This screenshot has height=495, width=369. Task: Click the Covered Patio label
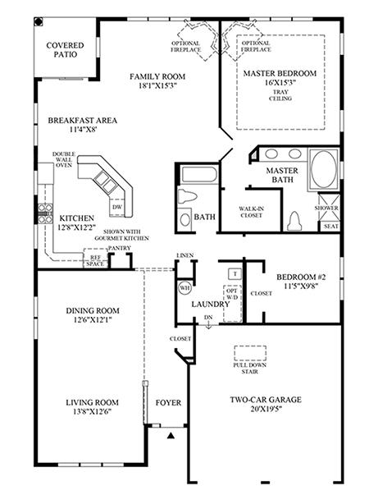pos(66,50)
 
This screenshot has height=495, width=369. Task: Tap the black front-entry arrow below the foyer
pos(171,436)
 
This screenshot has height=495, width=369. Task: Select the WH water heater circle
pos(184,287)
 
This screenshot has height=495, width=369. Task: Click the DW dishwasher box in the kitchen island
pos(117,208)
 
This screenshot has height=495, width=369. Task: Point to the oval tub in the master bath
pos(324,169)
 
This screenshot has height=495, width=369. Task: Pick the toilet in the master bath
pos(294,222)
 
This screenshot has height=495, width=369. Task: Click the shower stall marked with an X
pos(330,207)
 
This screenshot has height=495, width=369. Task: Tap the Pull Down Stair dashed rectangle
pos(250,353)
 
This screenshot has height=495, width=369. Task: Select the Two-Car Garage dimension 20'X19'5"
pos(266,409)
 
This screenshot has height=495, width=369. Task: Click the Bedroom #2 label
pos(301,277)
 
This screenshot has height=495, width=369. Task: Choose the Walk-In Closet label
pos(252,212)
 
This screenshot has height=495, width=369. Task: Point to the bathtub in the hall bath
pos(199,175)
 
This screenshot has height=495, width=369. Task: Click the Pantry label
pos(119,248)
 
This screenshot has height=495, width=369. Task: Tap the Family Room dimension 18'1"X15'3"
pos(157,85)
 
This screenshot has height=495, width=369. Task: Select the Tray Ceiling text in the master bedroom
pos(280,95)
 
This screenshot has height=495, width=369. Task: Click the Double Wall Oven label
pos(64,159)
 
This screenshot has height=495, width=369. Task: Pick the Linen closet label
pos(185,255)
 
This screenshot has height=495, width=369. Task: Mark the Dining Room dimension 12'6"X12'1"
pos(93,320)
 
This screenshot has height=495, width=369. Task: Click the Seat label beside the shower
pos(331,227)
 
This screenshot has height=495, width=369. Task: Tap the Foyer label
pos(168,403)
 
